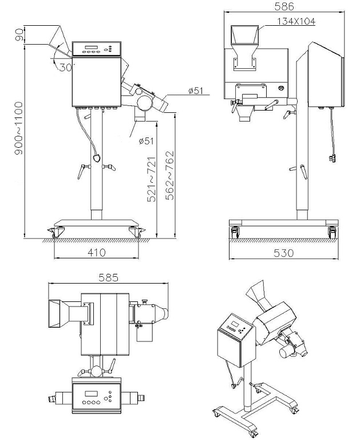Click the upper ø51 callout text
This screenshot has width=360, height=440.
pyautogui.click(x=197, y=90)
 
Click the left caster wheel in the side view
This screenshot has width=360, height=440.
pyautogui.click(x=57, y=232)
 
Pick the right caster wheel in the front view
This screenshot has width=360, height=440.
pyautogui.click(x=331, y=232)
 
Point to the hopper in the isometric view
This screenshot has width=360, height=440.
pyautogui.click(x=259, y=294)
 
